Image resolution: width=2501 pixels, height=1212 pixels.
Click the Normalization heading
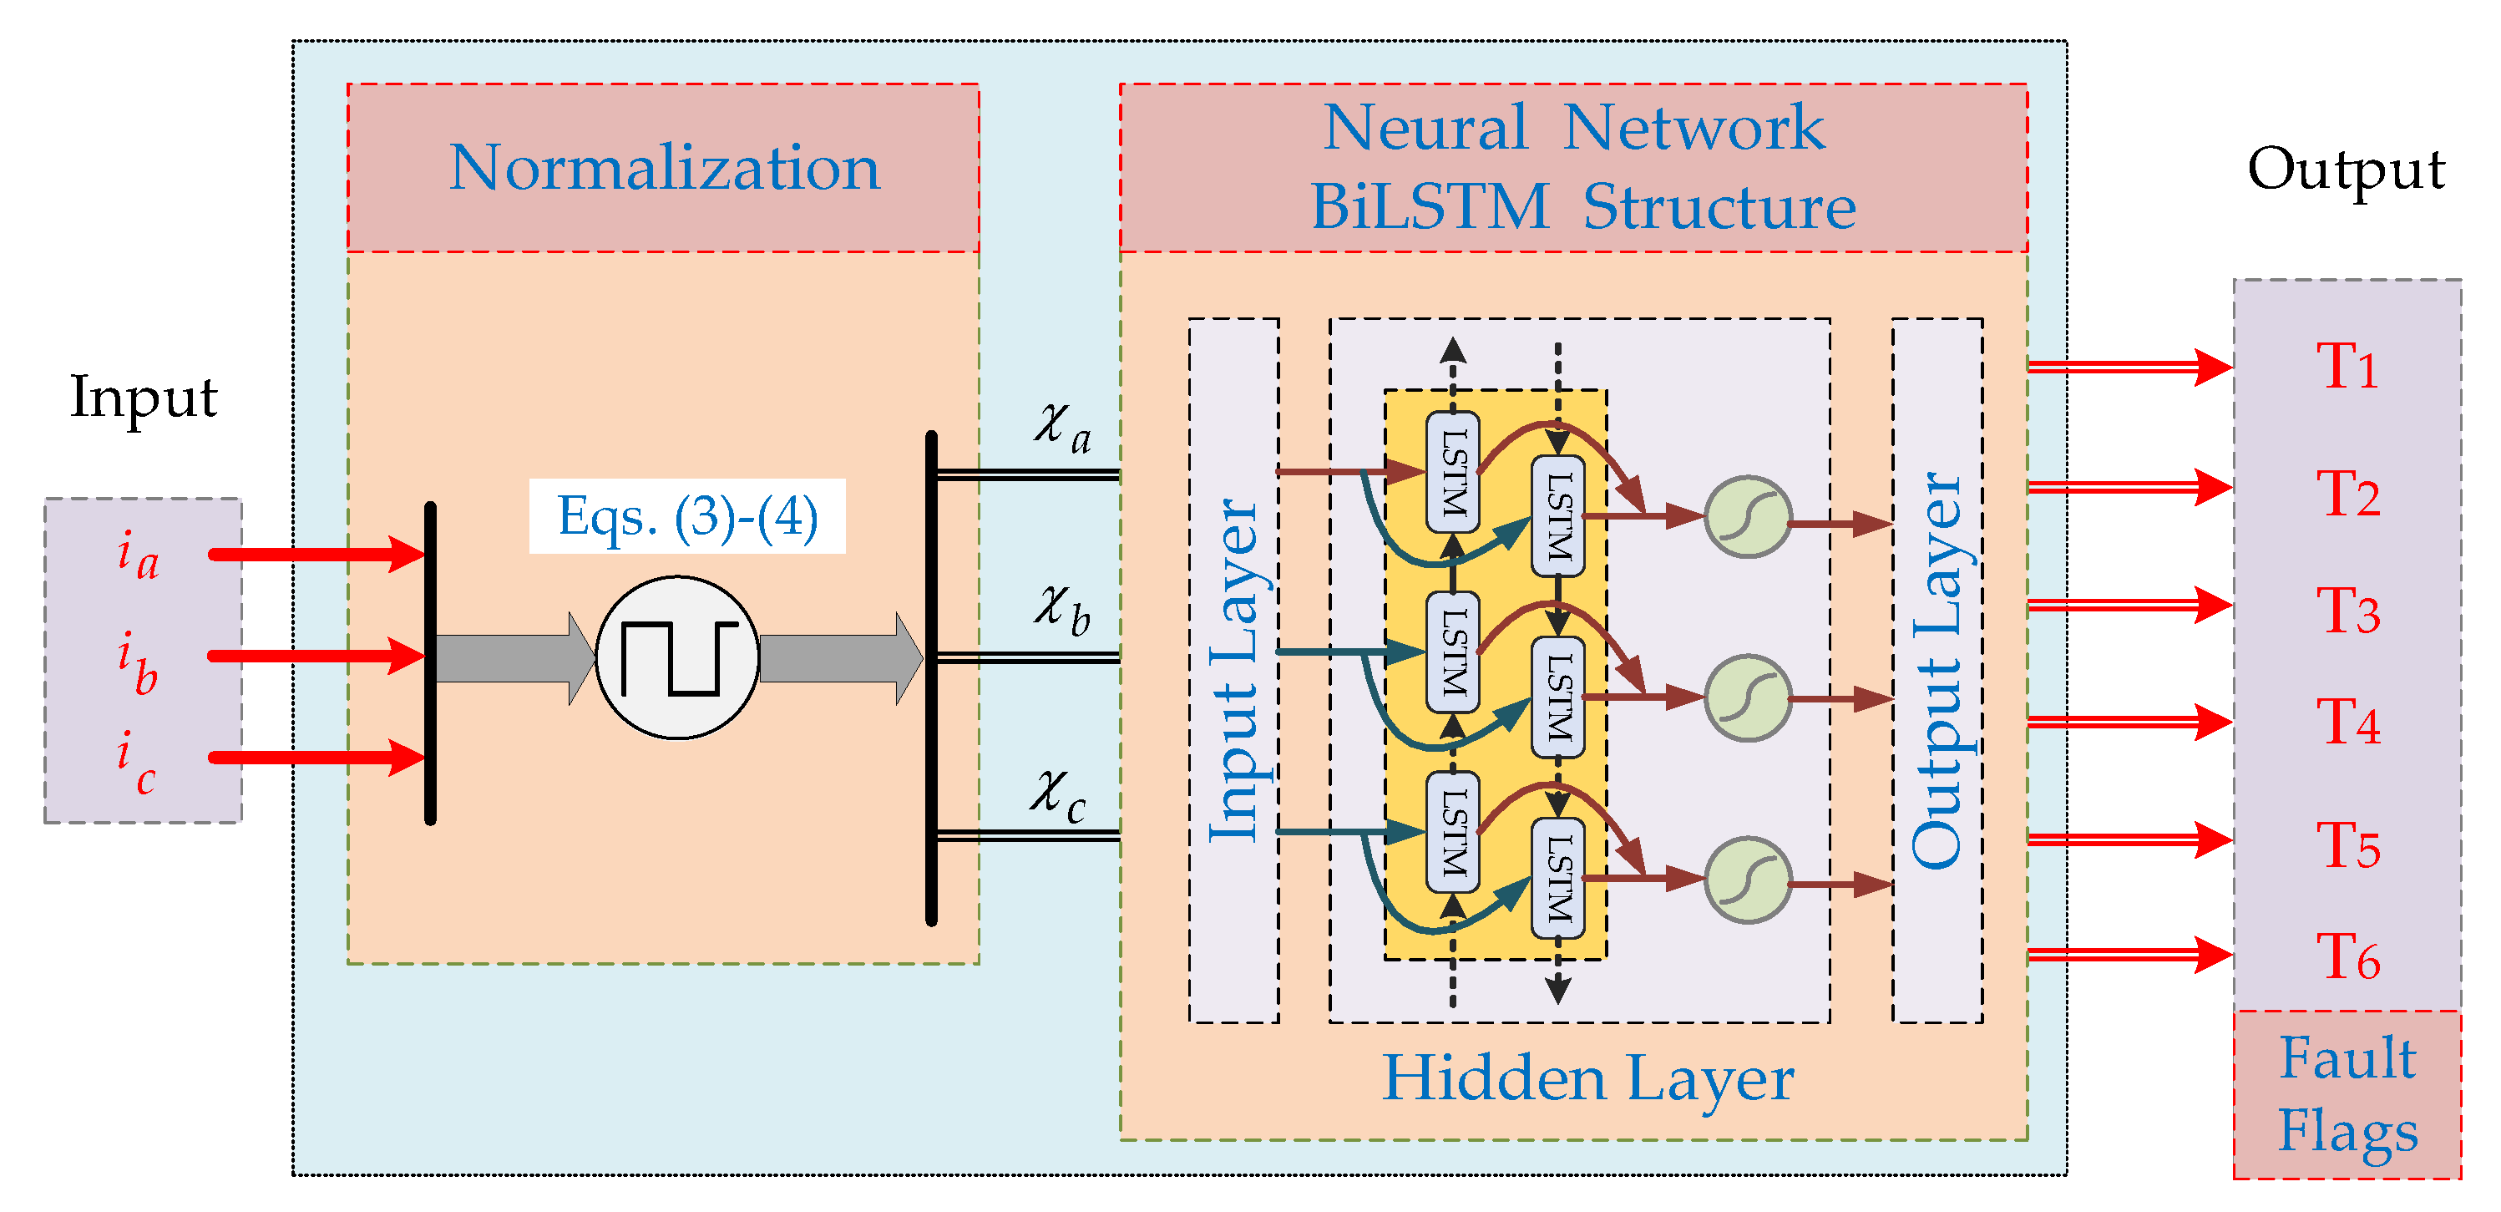[x=664, y=168]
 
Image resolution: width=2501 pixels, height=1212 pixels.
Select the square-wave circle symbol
[x=676, y=657]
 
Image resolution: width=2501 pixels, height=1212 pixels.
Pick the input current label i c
[x=136, y=763]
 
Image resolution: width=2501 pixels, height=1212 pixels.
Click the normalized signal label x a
[x=1062, y=429]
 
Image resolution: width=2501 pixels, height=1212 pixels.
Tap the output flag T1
[x=2347, y=367]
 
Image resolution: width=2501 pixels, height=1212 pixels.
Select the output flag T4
[x=2347, y=723]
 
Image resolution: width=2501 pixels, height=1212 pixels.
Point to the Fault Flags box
[x=2347, y=1094]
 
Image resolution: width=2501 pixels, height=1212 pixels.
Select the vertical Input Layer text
[x=1233, y=670]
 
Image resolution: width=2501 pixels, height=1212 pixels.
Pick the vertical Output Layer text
[x=1937, y=670]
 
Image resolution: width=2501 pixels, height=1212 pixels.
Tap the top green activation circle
[x=1748, y=517]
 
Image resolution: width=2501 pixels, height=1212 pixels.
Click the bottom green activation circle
[x=1748, y=880]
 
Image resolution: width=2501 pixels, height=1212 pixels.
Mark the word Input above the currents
[x=144, y=396]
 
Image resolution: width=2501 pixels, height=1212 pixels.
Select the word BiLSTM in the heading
[x=1430, y=207]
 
